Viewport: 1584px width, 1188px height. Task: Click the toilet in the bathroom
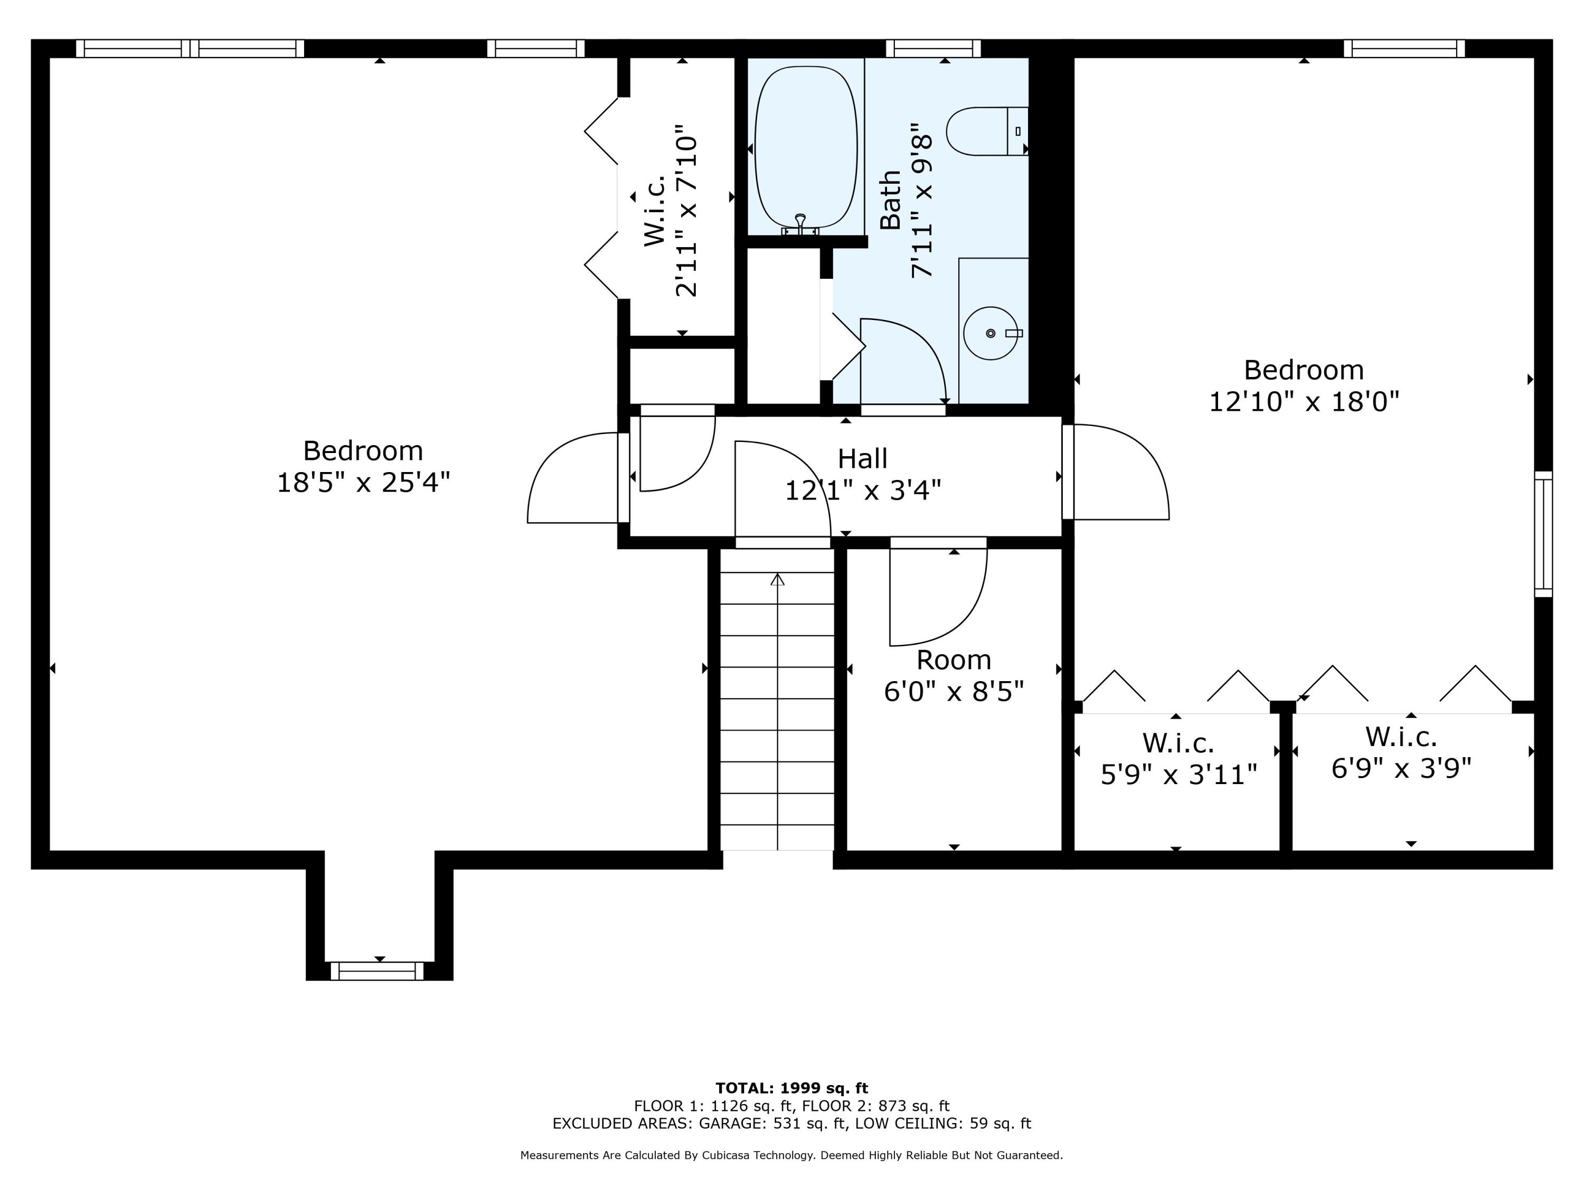coord(987,131)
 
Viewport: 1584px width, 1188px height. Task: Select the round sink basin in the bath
coord(991,333)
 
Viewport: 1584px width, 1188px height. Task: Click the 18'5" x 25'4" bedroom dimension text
coord(363,483)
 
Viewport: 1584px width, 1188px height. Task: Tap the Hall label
coord(862,458)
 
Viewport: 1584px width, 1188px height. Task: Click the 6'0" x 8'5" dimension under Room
coord(954,692)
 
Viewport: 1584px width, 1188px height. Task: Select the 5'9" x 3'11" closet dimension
coord(1178,775)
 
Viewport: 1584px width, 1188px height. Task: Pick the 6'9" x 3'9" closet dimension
coord(1401,768)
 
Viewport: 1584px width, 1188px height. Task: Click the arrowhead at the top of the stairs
coord(777,579)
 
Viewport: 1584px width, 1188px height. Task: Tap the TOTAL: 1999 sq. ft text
coord(791,1088)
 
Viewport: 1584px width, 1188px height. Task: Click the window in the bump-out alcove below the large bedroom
coord(376,971)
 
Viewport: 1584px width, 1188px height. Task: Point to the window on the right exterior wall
coord(1543,534)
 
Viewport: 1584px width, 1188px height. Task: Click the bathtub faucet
coord(800,225)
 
